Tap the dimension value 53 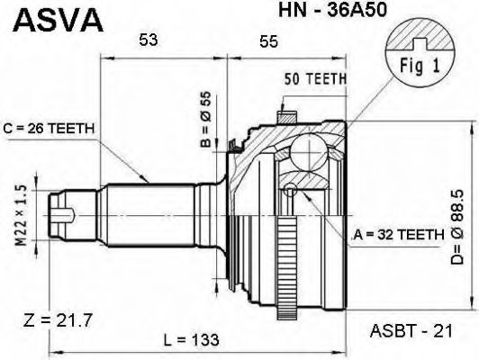coord(149,40)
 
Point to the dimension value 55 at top coord(267,40)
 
